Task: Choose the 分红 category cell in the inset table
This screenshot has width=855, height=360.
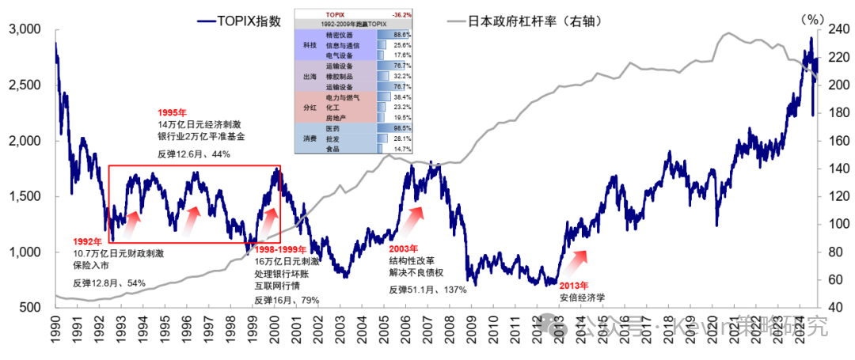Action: [310, 106]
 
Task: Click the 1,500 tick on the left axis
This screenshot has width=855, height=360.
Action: [24, 197]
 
